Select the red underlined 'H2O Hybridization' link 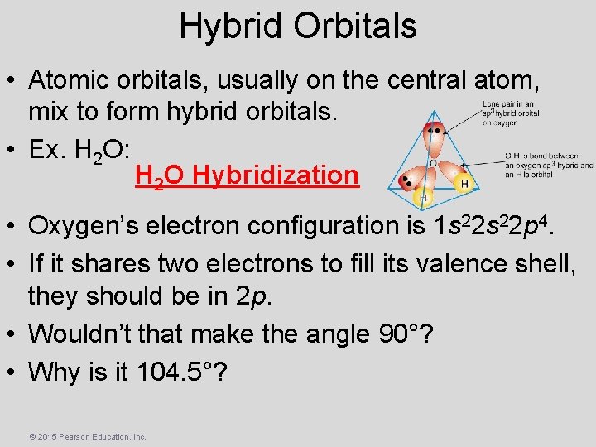[x=246, y=175]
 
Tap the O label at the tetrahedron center [x=432, y=163]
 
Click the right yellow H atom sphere [x=464, y=183]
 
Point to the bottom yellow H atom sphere [x=423, y=199]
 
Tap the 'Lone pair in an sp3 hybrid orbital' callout [x=509, y=113]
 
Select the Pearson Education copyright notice [x=87, y=436]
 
